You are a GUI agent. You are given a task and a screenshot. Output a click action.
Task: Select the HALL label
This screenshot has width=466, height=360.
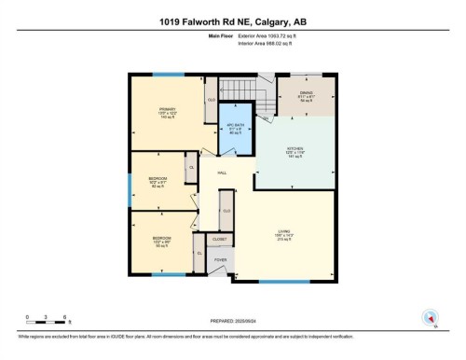pos(222,173)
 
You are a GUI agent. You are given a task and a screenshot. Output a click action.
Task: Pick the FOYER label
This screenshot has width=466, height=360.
pos(221,260)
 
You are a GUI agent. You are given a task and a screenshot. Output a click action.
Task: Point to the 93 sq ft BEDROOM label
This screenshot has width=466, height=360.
pos(161,242)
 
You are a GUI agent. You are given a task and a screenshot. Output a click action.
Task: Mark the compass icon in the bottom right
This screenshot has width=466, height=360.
pos(430,317)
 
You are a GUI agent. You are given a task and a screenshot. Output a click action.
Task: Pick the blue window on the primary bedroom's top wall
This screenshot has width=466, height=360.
pos(169,76)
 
